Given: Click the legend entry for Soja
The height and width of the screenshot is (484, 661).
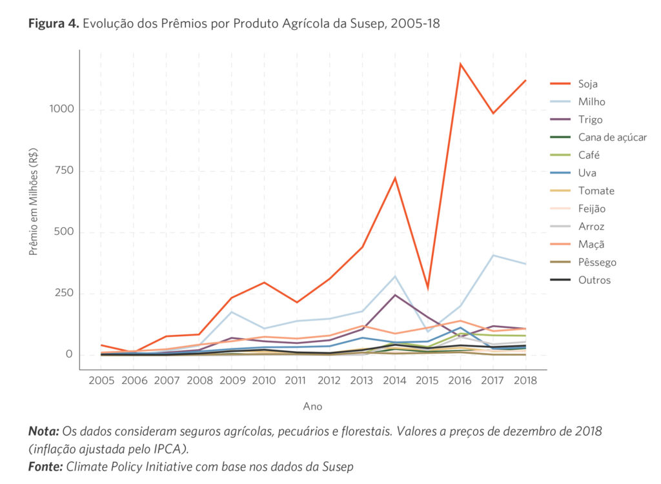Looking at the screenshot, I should coord(588,84).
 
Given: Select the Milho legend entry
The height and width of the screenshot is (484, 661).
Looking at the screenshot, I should coord(592,102).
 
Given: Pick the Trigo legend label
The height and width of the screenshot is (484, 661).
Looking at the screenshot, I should coord(591,119).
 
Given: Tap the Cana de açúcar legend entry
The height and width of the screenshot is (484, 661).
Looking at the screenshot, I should coord(612,137).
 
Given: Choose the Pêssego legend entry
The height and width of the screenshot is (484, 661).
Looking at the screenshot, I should coord(597,263).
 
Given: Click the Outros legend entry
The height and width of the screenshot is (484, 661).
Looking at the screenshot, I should coord(595,280).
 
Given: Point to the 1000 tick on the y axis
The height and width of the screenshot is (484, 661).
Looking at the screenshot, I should coord(61,110).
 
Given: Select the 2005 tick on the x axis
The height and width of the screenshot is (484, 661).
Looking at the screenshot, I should coord(101,381).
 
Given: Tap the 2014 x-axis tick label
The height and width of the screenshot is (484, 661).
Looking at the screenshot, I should coord(395,381).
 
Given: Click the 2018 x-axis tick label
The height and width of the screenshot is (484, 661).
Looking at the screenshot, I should coord(525,381).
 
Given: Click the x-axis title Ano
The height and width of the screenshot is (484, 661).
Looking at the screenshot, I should coord(312,407).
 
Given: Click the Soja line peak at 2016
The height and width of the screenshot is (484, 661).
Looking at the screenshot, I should coord(460,63).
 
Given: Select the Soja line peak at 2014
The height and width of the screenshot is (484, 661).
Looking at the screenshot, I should coord(395,177).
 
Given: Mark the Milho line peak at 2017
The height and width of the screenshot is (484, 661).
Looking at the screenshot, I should coord(493,256).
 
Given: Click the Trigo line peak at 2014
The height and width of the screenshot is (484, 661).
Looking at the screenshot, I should coord(395,295).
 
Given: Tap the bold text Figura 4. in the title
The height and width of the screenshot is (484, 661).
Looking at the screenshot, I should coord(54,24).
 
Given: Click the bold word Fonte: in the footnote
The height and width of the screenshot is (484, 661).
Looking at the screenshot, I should coord(45,467).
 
